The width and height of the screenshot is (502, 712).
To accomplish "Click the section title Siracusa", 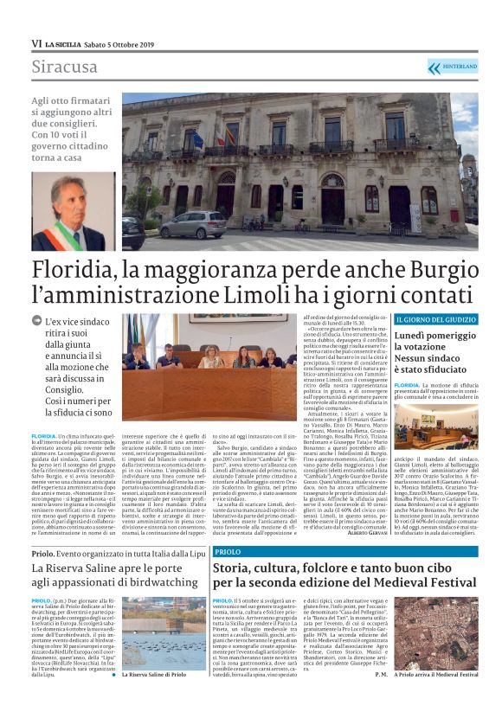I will (66, 67).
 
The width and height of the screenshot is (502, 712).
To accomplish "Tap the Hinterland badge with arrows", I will (452, 67).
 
